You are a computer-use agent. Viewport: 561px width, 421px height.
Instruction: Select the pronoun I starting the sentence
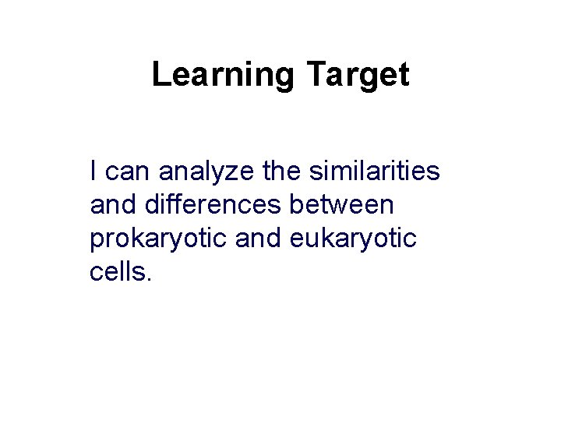(x=94, y=169)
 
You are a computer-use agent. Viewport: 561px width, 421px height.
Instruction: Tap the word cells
(x=117, y=273)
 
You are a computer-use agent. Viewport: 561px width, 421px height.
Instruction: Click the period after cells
(x=148, y=281)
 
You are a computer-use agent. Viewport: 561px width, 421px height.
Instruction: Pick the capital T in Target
(x=315, y=76)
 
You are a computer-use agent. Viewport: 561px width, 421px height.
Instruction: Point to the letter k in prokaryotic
(x=142, y=239)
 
